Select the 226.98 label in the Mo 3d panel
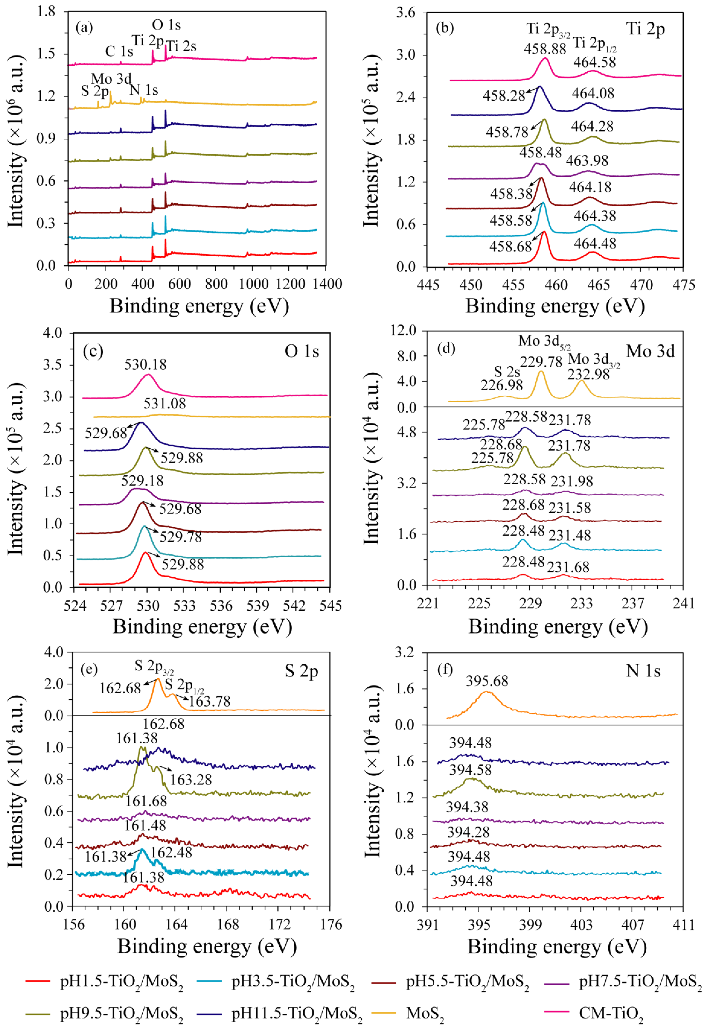point(501,385)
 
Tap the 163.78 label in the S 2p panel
point(209,701)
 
